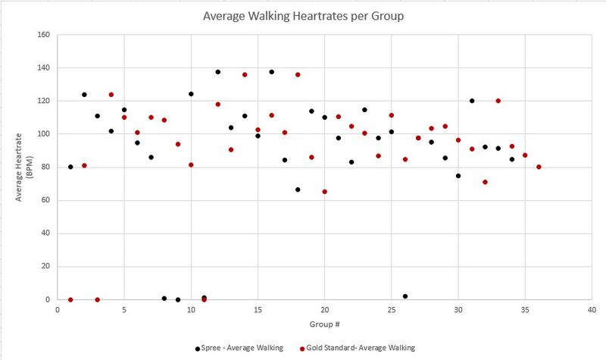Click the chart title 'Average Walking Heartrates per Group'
[303, 15]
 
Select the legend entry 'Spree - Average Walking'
[239, 348]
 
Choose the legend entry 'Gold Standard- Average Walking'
[356, 348]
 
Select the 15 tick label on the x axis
[258, 309]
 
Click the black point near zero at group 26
[405, 296]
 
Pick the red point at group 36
[539, 167]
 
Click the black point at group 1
[70, 167]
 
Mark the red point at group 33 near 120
[498, 101]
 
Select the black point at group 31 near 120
[472, 101]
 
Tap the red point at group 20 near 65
[324, 192]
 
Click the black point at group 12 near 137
[217, 72]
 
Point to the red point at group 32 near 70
[485, 182]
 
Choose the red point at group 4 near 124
[111, 95]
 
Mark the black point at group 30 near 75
[458, 176]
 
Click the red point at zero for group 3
[97, 299]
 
